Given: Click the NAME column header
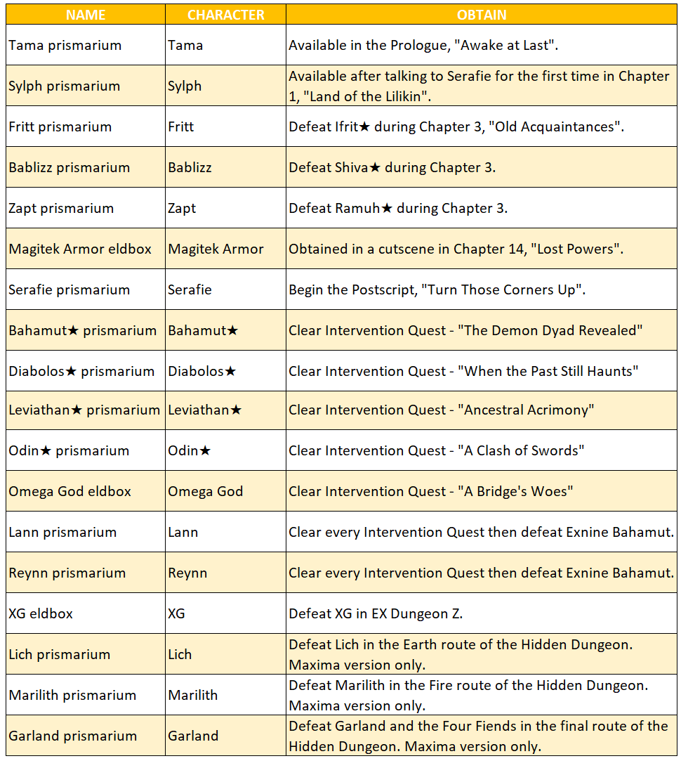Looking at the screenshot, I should click(x=86, y=15).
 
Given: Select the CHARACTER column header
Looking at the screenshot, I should click(x=225, y=15).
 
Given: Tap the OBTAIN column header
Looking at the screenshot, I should click(x=481, y=15).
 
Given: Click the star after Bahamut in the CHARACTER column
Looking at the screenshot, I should click(x=232, y=331).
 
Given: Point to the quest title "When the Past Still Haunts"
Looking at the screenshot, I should click(x=551, y=372).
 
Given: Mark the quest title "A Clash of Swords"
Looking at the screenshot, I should click(x=523, y=450).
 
